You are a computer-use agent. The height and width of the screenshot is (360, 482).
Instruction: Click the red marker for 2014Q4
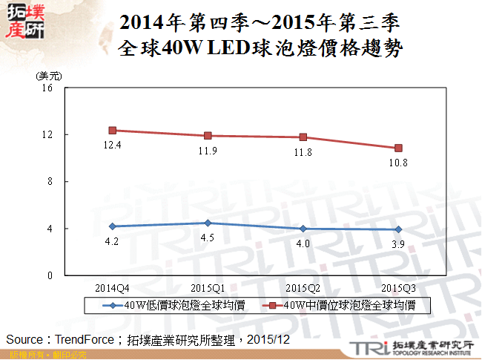[x=113, y=130]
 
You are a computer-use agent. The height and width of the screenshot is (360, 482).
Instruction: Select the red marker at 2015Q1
[x=208, y=136]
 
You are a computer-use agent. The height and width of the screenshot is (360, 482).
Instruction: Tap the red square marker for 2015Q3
[x=399, y=148]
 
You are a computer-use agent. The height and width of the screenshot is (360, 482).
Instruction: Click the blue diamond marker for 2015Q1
[x=208, y=223]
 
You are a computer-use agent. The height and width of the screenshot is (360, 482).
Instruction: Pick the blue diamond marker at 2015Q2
[x=303, y=229]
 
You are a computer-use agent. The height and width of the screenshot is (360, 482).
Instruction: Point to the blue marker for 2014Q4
[x=113, y=226]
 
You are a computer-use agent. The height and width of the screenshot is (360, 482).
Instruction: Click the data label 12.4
[x=113, y=145]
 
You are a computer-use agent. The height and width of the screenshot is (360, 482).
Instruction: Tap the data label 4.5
[x=208, y=238]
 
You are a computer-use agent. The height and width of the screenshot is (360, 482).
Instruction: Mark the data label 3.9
[x=399, y=244]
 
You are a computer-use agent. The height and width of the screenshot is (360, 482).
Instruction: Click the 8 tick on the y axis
[x=50, y=182]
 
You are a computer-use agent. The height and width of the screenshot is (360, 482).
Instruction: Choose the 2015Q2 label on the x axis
[x=303, y=287]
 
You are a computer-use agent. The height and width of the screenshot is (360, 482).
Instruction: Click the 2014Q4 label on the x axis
[x=113, y=287]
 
